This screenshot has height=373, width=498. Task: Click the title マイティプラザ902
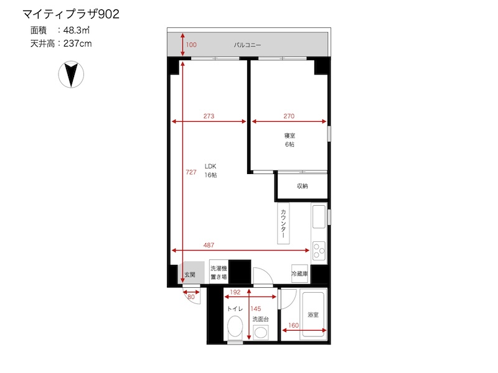click(71, 14)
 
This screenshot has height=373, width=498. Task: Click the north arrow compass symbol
click(71, 74)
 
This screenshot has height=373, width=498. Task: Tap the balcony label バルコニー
click(247, 45)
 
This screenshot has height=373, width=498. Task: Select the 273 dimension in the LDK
click(209, 116)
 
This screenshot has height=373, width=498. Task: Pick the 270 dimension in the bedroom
click(289, 116)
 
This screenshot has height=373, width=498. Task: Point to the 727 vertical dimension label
click(191, 172)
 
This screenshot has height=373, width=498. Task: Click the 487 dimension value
click(209, 245)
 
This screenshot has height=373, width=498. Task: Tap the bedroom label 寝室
click(289, 136)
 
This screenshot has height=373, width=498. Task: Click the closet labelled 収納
click(303, 186)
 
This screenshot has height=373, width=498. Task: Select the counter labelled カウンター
click(283, 223)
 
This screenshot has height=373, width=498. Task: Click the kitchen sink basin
click(319, 216)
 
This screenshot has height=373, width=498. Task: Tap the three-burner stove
click(319, 251)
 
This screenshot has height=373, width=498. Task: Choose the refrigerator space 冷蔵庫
click(299, 274)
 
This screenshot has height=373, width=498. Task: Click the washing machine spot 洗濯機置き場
click(218, 272)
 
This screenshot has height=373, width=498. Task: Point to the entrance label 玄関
click(190, 275)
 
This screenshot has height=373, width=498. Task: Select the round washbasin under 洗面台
click(261, 333)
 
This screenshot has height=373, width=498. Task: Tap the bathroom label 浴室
click(313, 315)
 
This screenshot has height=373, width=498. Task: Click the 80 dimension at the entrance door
click(191, 297)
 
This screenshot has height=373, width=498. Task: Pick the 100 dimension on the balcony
click(191, 45)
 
